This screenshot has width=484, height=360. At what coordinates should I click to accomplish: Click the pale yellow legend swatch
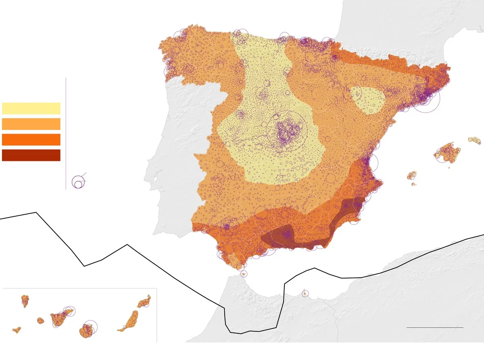(31, 108)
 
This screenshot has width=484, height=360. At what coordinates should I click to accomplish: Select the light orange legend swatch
(31, 123)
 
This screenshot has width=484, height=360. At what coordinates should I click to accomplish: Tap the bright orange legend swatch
(31, 139)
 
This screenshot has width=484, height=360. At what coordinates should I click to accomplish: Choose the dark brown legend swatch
(31, 155)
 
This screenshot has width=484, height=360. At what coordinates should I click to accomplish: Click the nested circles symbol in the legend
(79, 182)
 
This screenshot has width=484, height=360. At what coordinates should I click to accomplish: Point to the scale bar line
(435, 327)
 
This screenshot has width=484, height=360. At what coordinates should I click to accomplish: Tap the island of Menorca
(474, 140)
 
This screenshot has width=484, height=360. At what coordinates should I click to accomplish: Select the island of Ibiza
(411, 175)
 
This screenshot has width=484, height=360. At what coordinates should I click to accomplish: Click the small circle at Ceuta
(243, 274)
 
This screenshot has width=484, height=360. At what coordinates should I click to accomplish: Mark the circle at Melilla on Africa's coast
(305, 293)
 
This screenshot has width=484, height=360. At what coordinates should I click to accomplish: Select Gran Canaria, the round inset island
(86, 330)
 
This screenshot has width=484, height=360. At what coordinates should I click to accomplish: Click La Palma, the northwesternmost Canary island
(25, 300)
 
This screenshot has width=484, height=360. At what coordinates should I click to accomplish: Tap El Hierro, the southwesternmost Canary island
(17, 330)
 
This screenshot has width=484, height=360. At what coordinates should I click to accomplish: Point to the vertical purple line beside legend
(66, 133)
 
